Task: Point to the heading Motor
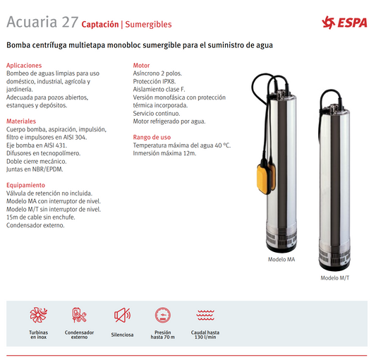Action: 142,65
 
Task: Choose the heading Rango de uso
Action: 152,137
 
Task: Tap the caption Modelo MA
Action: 281,260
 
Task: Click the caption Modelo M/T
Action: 334,277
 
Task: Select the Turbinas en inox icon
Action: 38,315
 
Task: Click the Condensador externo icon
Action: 79,315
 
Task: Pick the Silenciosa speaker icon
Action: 122,315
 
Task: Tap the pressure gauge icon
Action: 162,315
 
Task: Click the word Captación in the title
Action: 99,24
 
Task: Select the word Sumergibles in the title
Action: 148,24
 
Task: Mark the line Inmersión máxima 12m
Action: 164,153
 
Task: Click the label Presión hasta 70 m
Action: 162,335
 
